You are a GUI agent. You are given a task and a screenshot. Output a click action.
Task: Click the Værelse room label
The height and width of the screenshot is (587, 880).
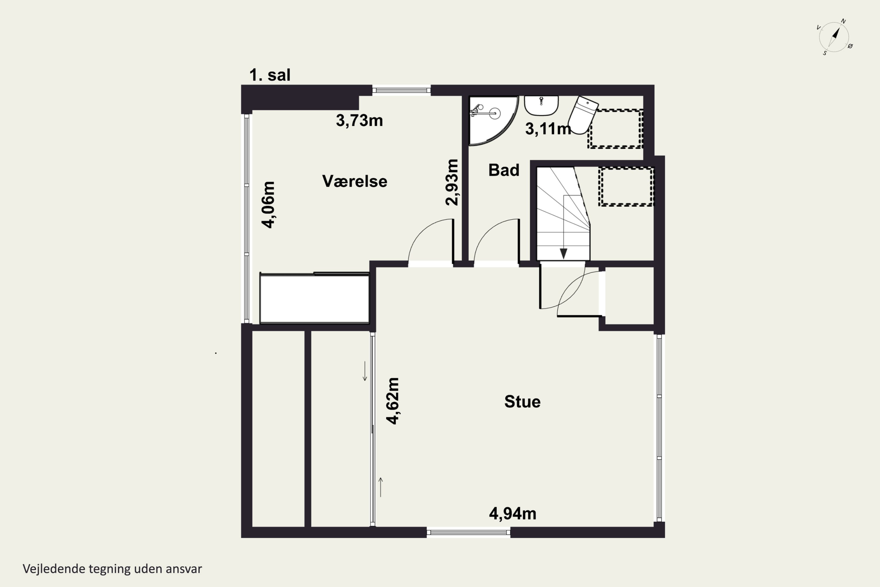[x=354, y=181]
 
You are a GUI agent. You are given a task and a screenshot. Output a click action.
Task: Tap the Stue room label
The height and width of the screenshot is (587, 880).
[x=522, y=402]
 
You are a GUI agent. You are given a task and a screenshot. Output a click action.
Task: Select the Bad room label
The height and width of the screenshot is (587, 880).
[x=504, y=170]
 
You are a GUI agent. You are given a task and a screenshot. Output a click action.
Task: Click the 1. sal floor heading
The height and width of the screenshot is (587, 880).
[x=270, y=75]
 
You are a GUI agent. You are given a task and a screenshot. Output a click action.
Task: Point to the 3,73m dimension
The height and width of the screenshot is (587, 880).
[x=359, y=121]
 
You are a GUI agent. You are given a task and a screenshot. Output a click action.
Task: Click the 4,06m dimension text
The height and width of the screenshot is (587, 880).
[x=268, y=204]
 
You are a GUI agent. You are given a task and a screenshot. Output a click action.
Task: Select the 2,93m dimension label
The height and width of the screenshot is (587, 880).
[x=452, y=182]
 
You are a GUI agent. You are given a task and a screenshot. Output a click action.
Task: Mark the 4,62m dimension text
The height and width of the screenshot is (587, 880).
[x=392, y=401]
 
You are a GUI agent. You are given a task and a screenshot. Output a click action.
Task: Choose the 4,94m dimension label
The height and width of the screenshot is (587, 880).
[x=512, y=514]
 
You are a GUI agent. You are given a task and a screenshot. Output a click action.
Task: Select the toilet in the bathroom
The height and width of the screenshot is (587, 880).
[x=583, y=114]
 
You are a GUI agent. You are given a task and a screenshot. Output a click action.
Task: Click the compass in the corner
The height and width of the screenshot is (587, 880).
[x=834, y=37]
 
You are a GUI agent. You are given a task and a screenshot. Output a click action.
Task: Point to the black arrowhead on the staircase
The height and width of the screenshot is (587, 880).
[x=563, y=254]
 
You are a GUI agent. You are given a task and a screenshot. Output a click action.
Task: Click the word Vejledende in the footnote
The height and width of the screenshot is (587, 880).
[x=54, y=569]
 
